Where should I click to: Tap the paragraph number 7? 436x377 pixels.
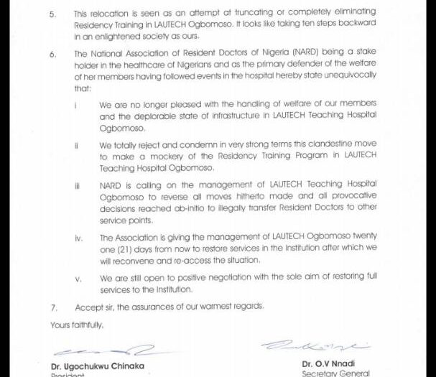tap(53, 307)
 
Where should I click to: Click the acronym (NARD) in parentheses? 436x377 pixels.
tap(278, 54)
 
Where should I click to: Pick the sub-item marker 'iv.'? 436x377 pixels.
tap(78, 238)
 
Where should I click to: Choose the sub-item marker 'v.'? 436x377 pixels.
tap(78, 278)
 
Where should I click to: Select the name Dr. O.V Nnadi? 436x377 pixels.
tap(328, 363)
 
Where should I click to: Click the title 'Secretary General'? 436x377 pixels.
tap(336, 373)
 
